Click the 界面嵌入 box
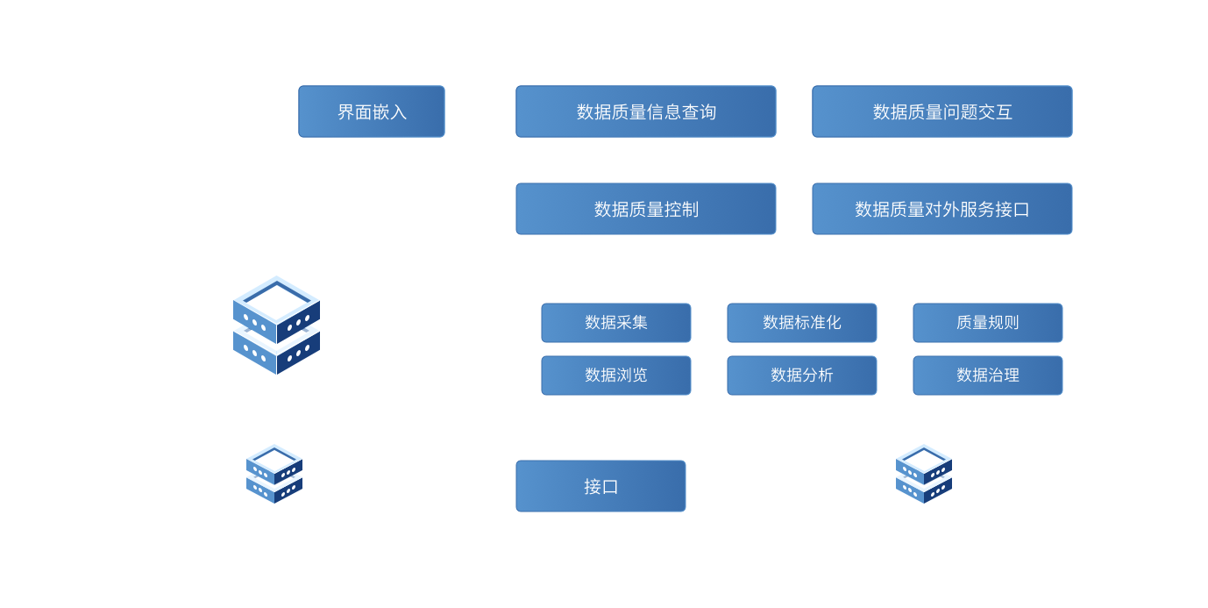tap(372, 111)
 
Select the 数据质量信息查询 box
tap(646, 111)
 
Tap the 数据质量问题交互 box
tap(942, 111)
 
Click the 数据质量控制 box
tap(646, 209)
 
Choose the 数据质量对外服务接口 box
tap(942, 209)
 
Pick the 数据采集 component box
tap(616, 323)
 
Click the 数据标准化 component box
tap(802, 323)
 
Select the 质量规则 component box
tap(988, 323)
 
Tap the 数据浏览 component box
tap(616, 376)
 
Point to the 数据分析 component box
tap(802, 376)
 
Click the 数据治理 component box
tap(988, 376)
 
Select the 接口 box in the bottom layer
tap(600, 486)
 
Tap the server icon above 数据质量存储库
tap(276, 325)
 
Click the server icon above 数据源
tap(274, 473)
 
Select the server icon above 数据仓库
tap(924, 473)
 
